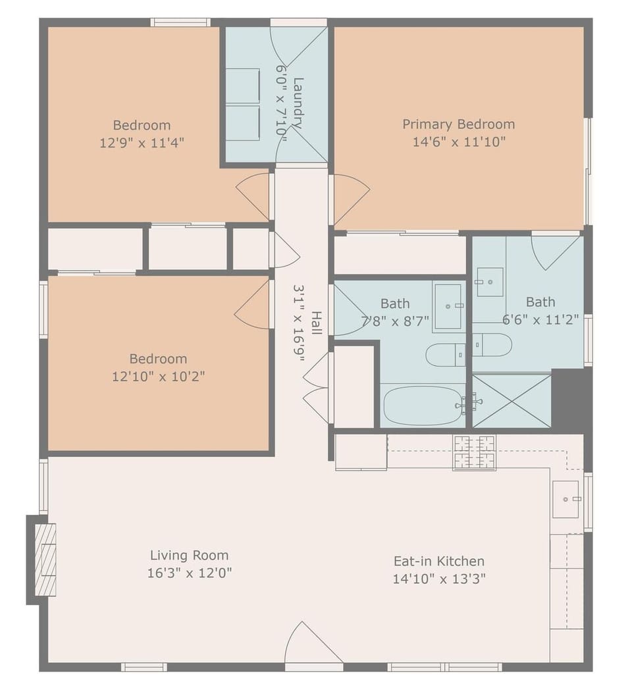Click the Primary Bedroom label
[458, 124]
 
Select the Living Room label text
[189, 555]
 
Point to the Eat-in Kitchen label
[438, 561]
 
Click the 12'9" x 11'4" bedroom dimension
[142, 143]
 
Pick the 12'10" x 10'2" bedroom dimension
[158, 377]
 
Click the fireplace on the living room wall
[43, 559]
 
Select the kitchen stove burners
[474, 452]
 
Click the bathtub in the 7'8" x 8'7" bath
[423, 406]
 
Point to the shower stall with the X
[512, 401]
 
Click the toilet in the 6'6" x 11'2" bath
[492, 344]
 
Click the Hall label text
[317, 323]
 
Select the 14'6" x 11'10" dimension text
[458, 142]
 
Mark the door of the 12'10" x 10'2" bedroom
[253, 303]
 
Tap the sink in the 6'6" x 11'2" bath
[490, 282]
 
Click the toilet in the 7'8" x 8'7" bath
[446, 355]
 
